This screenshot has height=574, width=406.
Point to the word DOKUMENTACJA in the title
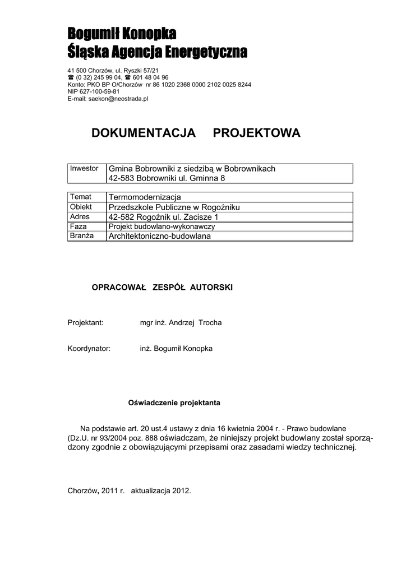[144, 133]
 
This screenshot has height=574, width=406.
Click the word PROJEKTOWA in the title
[257, 133]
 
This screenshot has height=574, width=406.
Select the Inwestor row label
[84, 169]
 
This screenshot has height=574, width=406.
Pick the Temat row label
[81, 197]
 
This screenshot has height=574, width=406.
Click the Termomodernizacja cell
[145, 197]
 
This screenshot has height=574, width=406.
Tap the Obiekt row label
[81, 207]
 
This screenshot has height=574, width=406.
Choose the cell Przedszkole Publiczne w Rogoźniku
[174, 207]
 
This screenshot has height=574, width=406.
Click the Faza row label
[79, 226]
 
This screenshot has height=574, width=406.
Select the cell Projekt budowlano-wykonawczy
[162, 226]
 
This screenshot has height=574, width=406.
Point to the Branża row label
[82, 236]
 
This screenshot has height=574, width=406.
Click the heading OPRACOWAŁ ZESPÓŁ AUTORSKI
[162, 287]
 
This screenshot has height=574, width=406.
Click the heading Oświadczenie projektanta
[174, 402]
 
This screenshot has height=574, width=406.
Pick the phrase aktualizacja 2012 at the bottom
[161, 490]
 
